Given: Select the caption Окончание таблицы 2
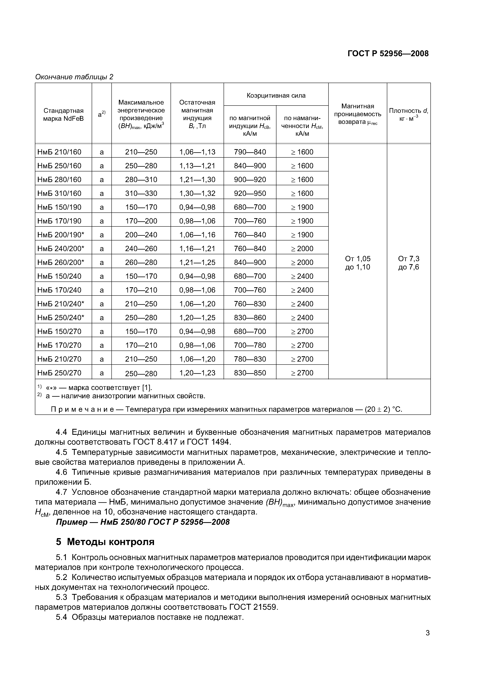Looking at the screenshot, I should [74, 77].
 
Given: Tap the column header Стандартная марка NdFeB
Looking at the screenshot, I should [63, 115].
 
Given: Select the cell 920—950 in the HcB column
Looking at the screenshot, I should [250, 193].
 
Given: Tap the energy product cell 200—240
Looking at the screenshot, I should [141, 235].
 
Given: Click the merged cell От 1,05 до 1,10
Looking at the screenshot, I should [358, 263].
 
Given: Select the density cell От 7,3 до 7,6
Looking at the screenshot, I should [409, 263].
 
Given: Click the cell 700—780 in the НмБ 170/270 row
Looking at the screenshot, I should [250, 345].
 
